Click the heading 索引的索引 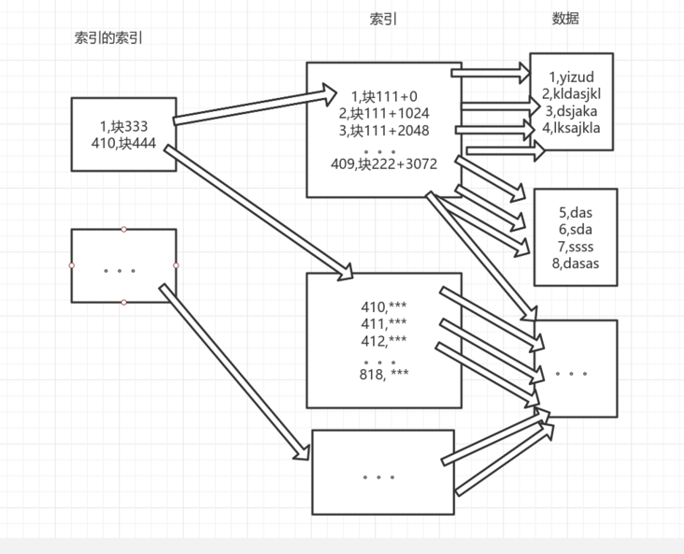pos(108,38)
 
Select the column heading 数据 pos(565,18)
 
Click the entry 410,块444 pos(124,144)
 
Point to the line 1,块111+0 pos(384,96)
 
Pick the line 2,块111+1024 pos(384,113)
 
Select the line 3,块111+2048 pos(384,130)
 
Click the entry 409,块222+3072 pos(384,163)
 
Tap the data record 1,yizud pos(572,77)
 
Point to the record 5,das pos(576,213)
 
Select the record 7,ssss pos(576,247)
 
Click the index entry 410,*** pos(384,305)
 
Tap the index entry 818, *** pos(384,374)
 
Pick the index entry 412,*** pos(384,339)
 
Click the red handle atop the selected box pos(124,229)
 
